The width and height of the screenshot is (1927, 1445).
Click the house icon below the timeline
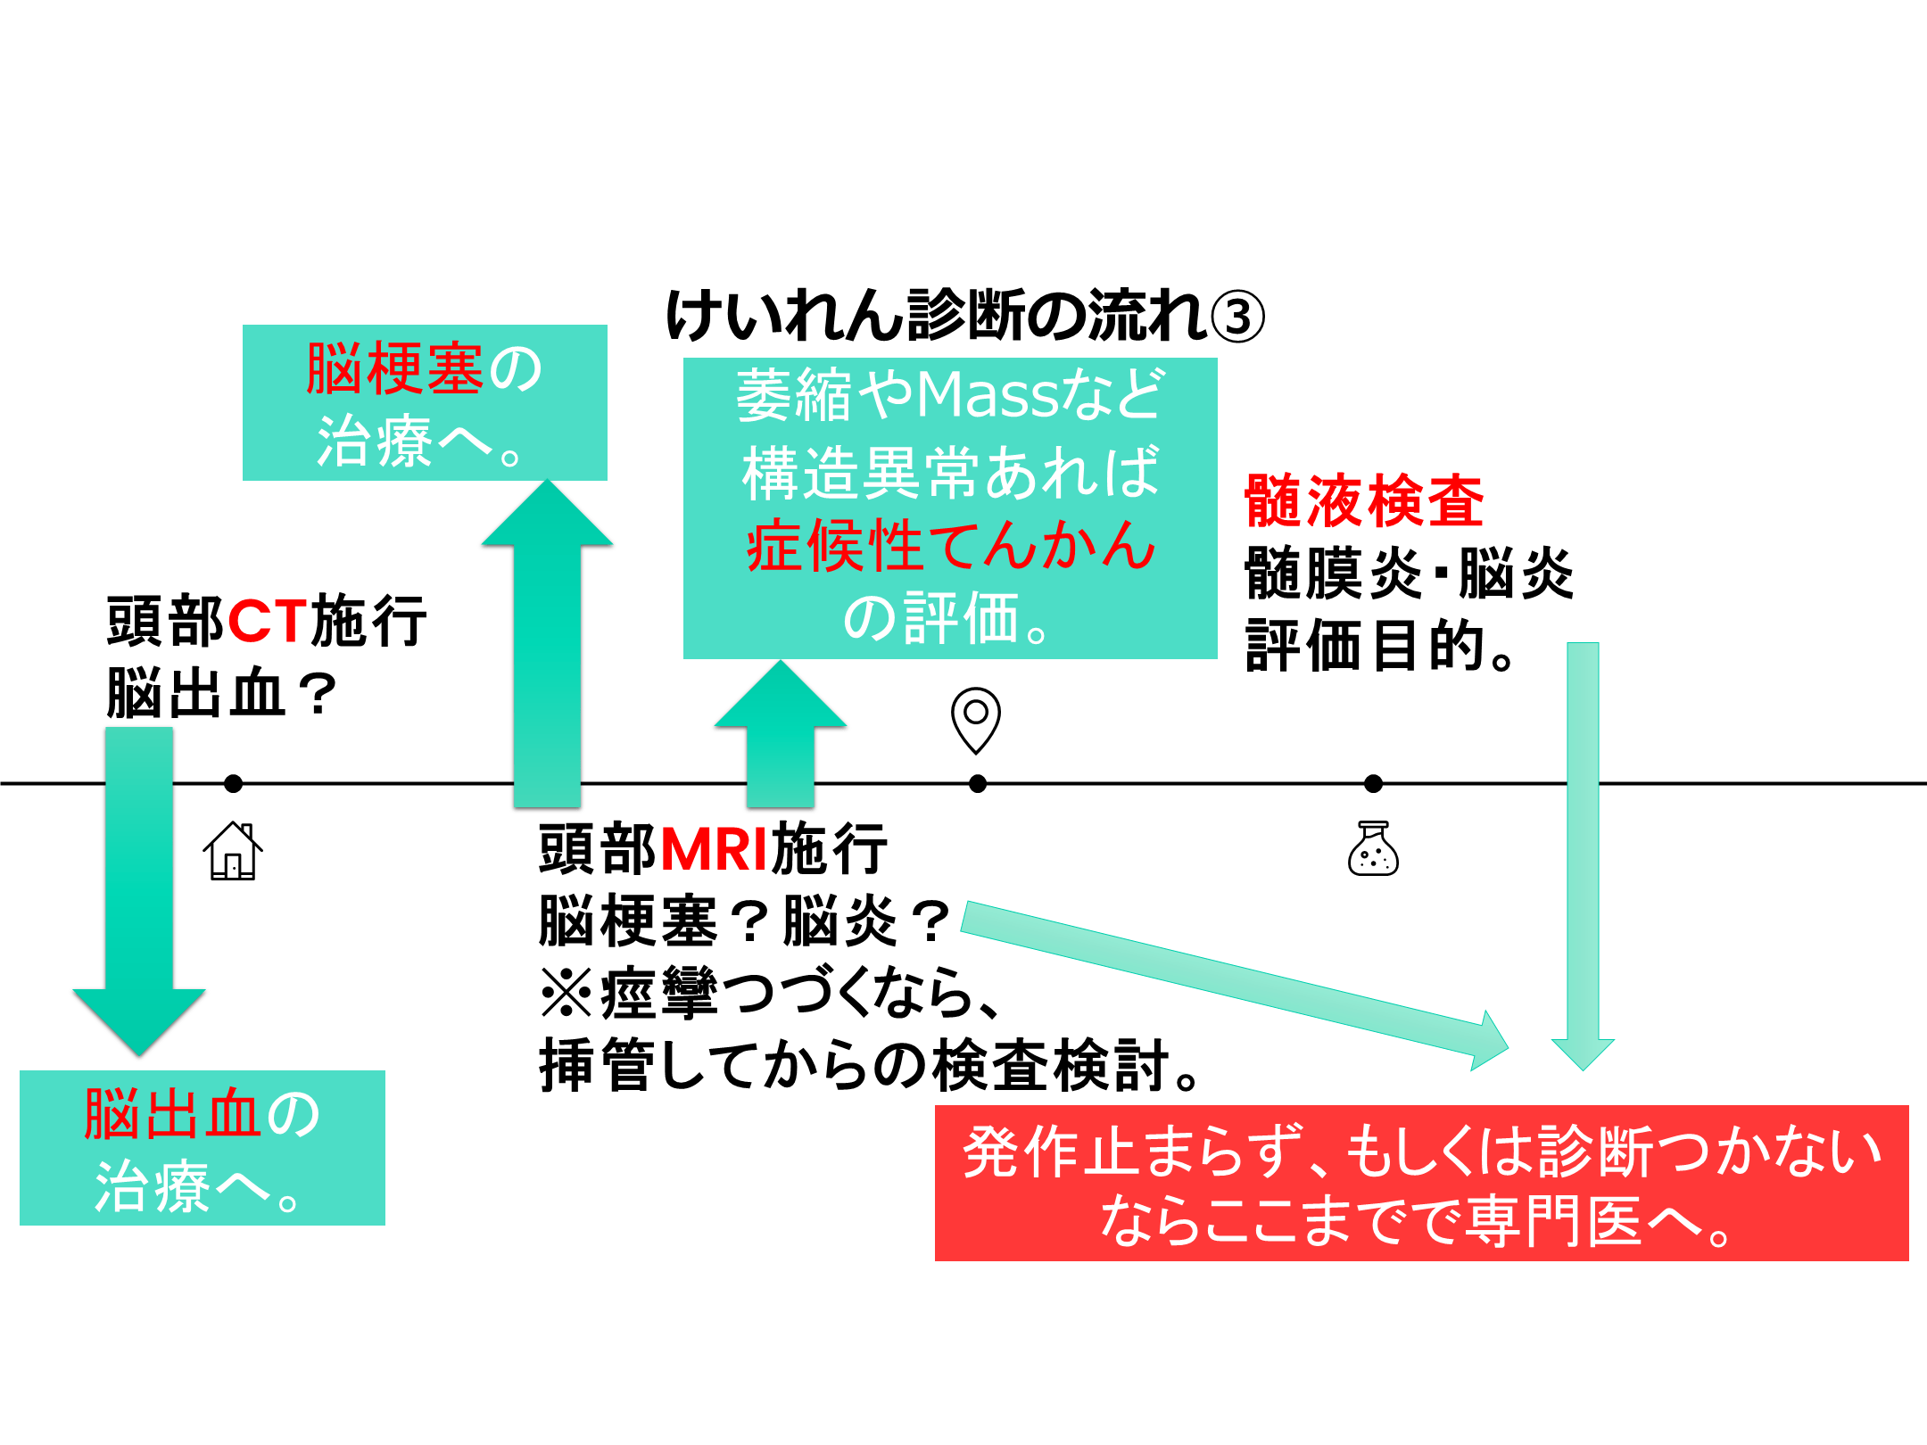233,852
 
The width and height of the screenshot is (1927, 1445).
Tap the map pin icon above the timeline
976,719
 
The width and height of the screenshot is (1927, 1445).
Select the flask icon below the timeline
1373,849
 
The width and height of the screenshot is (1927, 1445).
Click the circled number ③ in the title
1237,317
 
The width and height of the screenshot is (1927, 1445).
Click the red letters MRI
714,849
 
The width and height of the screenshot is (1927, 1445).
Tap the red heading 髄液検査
1364,501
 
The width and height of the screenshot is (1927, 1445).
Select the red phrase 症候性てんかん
951,545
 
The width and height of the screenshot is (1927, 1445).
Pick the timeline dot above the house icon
234,783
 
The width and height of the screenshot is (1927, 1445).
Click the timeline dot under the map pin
978,783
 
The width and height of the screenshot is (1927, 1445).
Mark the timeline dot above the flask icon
1373,783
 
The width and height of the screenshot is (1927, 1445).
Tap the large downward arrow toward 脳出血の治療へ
139,892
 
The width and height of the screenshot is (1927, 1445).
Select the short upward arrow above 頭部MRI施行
781,731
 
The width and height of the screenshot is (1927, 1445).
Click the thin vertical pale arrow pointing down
1583,847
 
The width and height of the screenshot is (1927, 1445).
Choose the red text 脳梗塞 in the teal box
394,369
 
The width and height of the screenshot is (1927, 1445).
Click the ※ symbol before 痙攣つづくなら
567,994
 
